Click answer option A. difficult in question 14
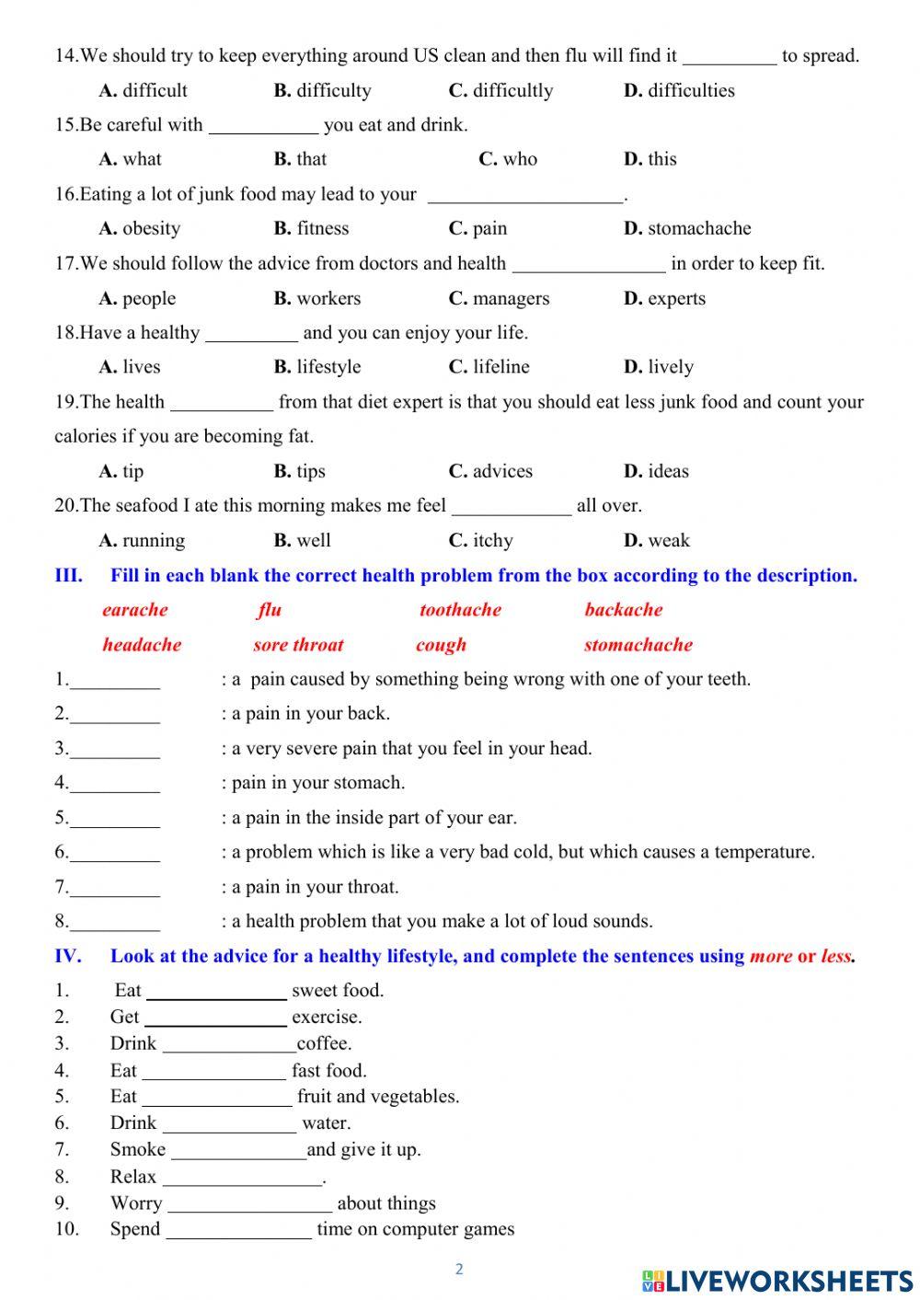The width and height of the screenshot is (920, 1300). click(143, 90)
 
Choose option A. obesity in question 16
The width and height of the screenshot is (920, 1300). click(140, 228)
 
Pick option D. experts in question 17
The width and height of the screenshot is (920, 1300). click(664, 298)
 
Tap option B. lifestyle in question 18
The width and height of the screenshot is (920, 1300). click(317, 367)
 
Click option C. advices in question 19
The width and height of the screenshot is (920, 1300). click(490, 471)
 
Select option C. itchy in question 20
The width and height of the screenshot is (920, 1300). click(481, 540)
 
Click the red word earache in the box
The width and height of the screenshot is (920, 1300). click(135, 610)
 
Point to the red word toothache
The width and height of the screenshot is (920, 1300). click(460, 610)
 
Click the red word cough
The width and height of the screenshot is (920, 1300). click(441, 645)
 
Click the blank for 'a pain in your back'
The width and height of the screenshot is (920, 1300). click(115, 716)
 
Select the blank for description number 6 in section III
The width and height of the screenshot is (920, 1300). click(115, 855)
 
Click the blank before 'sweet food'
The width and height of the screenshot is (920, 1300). click(216, 993)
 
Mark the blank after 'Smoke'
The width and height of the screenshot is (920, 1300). click(238, 1152)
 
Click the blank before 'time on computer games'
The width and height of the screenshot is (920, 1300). click(238, 1232)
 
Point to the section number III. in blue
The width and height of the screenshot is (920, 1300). click(68, 576)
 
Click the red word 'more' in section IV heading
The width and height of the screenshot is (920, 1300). click(770, 956)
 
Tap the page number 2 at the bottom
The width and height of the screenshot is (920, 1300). click(459, 1270)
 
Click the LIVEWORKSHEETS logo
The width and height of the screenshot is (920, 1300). click(777, 1280)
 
